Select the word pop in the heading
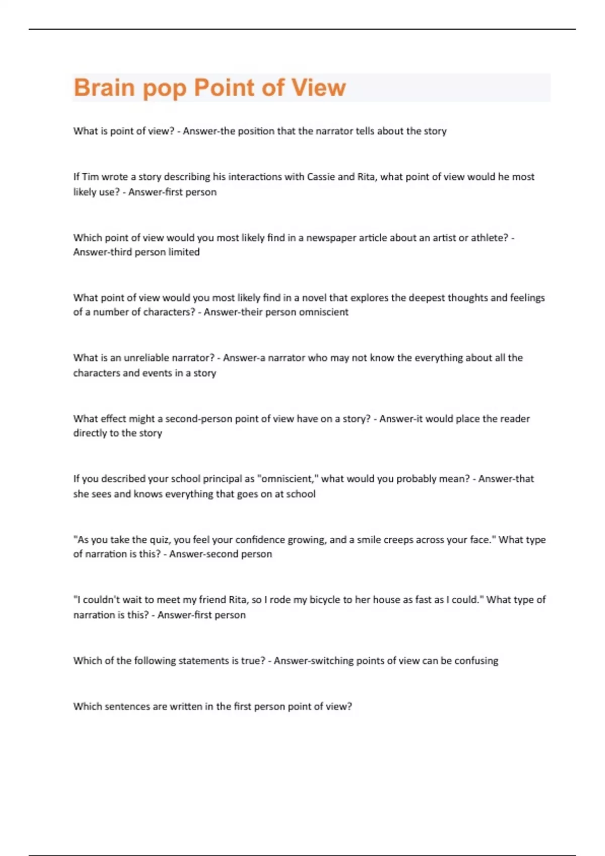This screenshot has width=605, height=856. (x=164, y=89)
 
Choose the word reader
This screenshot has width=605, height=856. (x=514, y=418)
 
